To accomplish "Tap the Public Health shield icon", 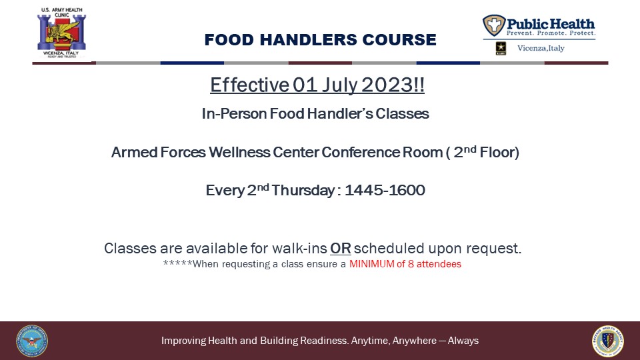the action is [x=494, y=25].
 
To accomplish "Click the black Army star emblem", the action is [x=501, y=48].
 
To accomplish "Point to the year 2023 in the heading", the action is [x=387, y=85].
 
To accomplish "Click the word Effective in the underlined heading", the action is [x=249, y=85].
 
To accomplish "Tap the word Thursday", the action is [x=303, y=190].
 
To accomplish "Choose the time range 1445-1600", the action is [x=385, y=190].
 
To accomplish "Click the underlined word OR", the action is [x=341, y=248].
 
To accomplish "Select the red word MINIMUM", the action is [x=372, y=264].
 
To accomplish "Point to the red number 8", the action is [x=411, y=264].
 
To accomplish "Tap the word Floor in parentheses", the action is [x=499, y=152].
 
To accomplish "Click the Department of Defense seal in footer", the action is [x=32, y=341].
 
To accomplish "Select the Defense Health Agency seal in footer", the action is [x=608, y=341].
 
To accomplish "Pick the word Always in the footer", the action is [x=463, y=341].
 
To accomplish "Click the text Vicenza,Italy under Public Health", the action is [x=541, y=48].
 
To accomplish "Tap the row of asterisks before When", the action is [x=177, y=263].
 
